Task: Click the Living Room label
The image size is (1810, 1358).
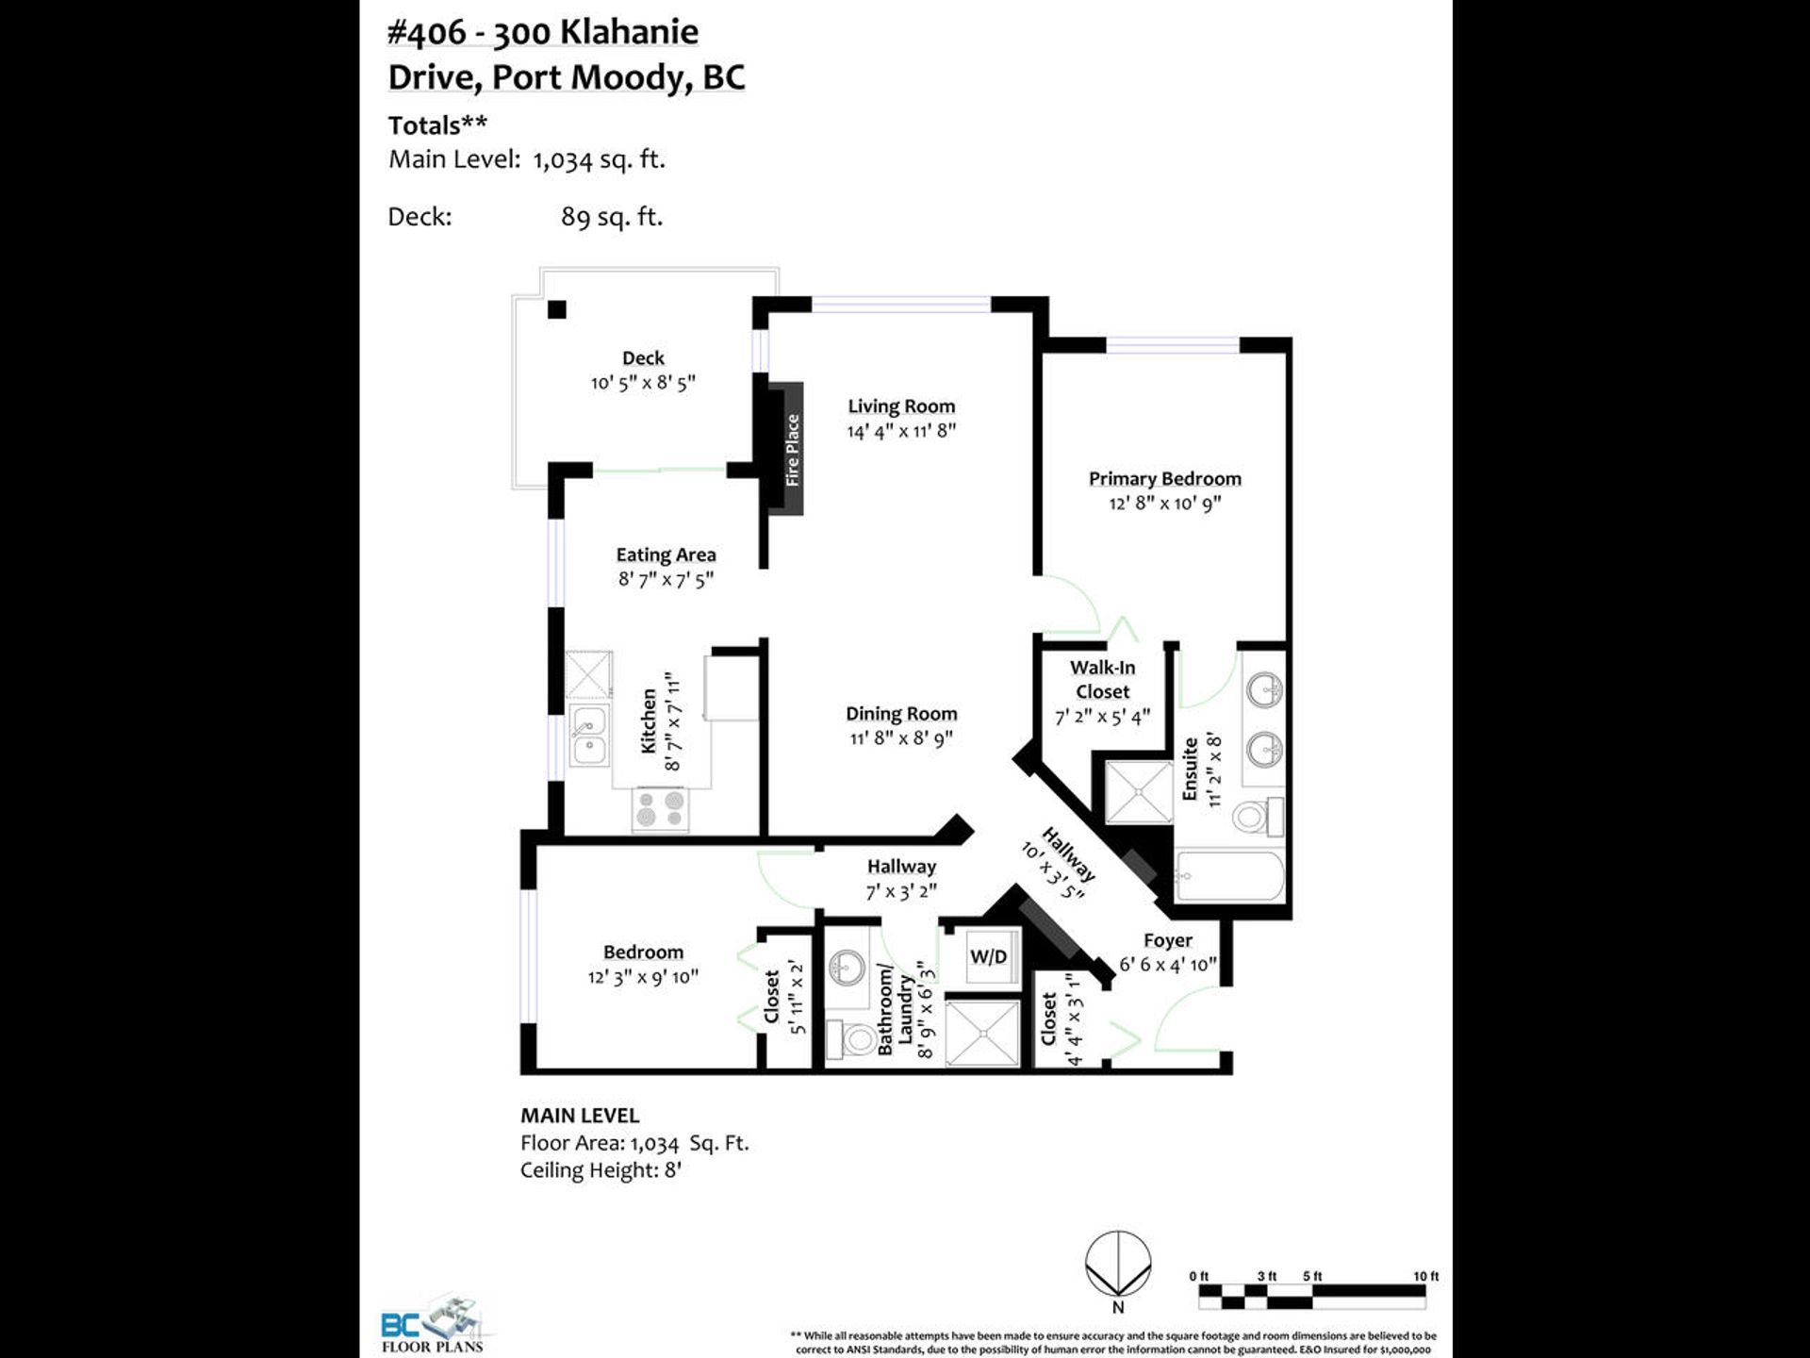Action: tap(901, 406)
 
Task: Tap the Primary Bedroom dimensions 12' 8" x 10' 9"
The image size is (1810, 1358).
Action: tap(1165, 504)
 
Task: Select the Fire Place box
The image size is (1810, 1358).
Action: tap(785, 449)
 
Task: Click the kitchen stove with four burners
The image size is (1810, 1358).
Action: tap(660, 809)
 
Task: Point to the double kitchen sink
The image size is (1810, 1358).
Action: tap(589, 736)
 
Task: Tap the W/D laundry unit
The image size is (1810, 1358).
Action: tap(988, 957)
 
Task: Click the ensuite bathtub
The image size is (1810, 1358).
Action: tap(1229, 877)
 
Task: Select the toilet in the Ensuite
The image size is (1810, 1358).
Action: tap(1258, 816)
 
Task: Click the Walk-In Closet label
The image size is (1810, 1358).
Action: tap(1102, 679)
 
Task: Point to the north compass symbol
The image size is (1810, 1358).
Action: tap(1118, 1266)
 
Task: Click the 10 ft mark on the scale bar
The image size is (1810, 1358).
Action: tap(1425, 1276)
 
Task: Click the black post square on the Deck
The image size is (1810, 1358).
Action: tap(557, 309)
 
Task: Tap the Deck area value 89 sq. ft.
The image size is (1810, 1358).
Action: tap(612, 217)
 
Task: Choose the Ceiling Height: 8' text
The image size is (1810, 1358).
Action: tap(601, 1170)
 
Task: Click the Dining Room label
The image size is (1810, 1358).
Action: tap(901, 714)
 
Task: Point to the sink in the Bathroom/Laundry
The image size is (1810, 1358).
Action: tap(847, 967)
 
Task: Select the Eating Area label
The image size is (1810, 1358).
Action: tap(666, 555)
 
